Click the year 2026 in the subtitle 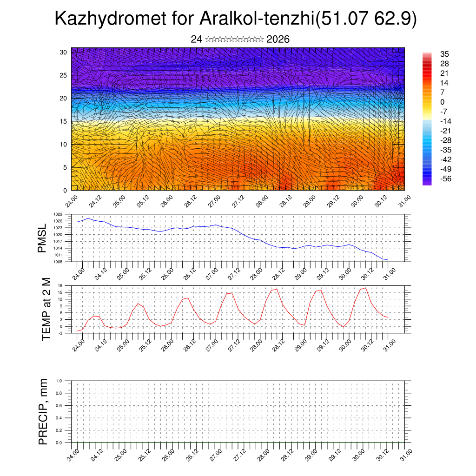pos(278,40)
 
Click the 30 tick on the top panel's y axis pos(64,52)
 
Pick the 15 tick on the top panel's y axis pos(64,121)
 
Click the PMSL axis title pos(42,238)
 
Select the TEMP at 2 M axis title pos(46,309)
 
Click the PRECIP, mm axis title pos(43,411)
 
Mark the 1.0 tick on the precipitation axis pos(66,381)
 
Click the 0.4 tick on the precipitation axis pos(66,418)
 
